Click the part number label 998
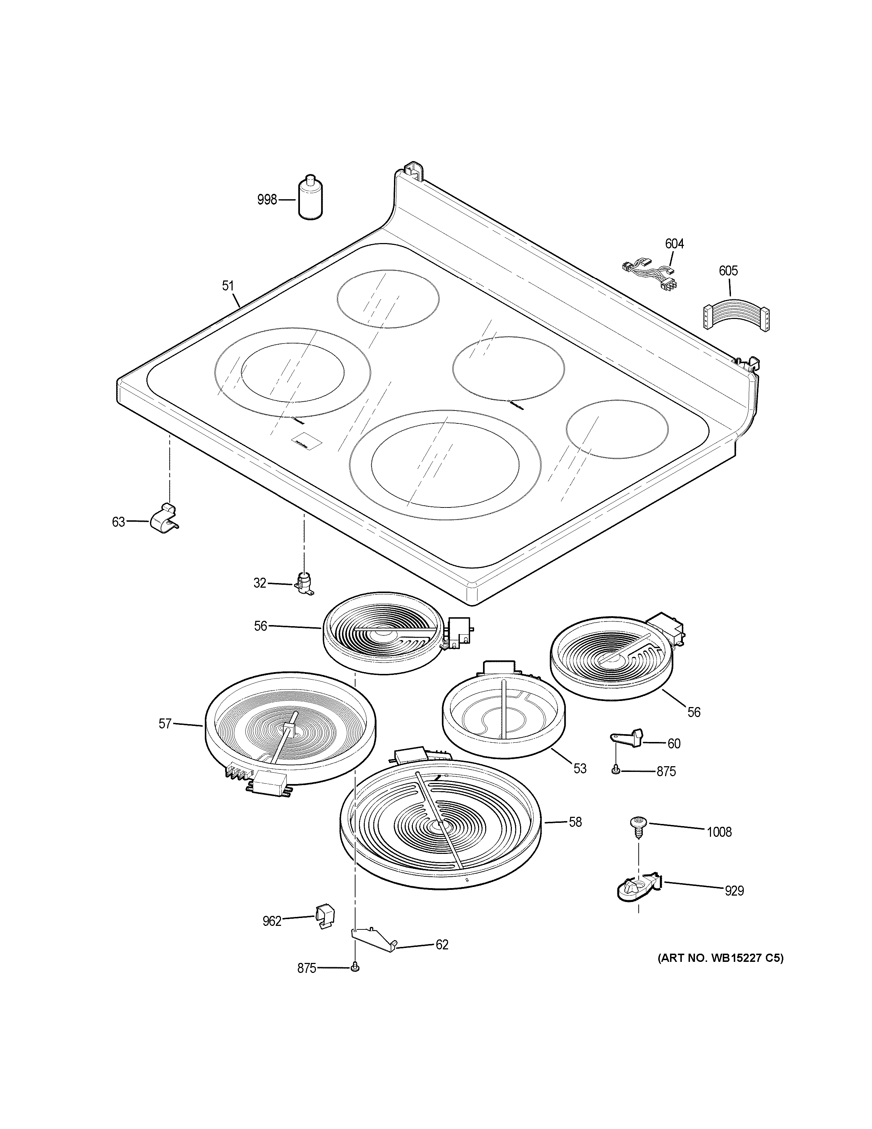coord(267,200)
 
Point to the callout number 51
coord(228,286)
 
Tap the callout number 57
coord(165,724)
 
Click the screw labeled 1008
coord(638,826)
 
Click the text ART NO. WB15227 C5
coord(720,958)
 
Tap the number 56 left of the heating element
coord(260,626)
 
